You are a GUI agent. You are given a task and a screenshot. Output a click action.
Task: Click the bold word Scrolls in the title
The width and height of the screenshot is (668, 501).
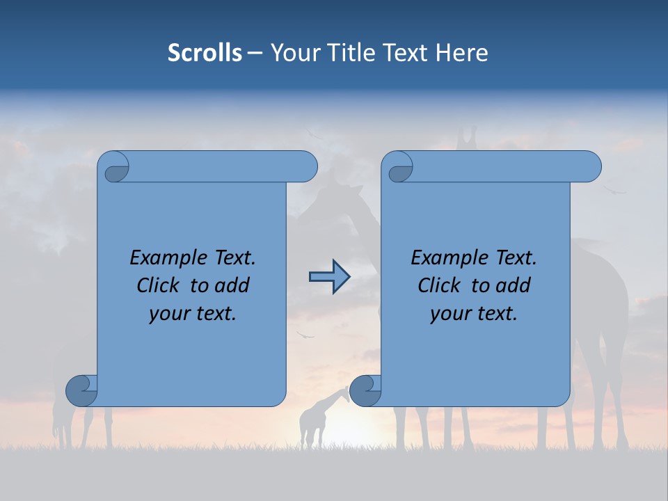pyautogui.click(x=205, y=52)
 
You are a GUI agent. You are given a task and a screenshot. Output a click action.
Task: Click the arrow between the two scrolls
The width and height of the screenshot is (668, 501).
pyautogui.click(x=329, y=277)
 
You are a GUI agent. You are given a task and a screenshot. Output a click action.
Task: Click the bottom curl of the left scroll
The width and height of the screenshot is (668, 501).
pyautogui.click(x=81, y=390)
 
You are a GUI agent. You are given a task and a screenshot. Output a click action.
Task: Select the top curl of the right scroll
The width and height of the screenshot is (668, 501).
pyautogui.click(x=399, y=168)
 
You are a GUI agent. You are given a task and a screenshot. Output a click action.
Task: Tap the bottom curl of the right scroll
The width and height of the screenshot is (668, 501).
pyautogui.click(x=365, y=390)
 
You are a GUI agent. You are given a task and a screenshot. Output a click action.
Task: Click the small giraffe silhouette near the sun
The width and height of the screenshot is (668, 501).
pyautogui.click(x=317, y=417)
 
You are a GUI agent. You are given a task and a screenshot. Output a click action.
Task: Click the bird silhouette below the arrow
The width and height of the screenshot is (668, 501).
pyautogui.click(x=305, y=335)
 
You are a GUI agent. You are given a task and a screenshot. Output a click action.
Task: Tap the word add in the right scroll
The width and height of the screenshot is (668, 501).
pyautogui.click(x=512, y=285)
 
